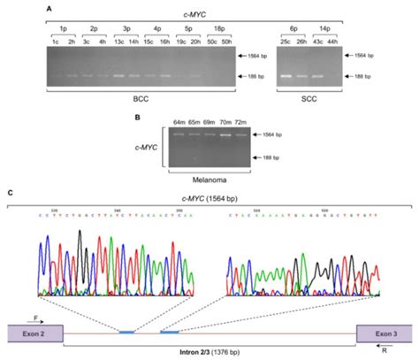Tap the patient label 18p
pyautogui.click(x=218, y=27)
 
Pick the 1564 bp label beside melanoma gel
pyautogui.click(x=284, y=134)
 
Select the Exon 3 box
pyautogui.click(x=381, y=332)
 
